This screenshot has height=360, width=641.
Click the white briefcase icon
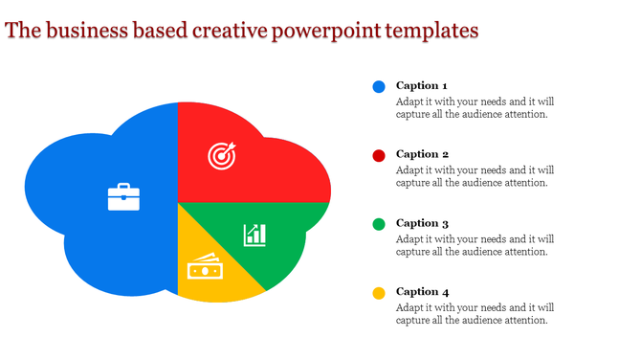(x=123, y=196)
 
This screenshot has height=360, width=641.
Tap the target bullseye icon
(x=222, y=156)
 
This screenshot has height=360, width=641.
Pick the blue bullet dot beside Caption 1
(x=379, y=86)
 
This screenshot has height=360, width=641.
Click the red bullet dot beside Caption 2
(x=379, y=155)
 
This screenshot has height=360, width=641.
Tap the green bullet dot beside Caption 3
(x=379, y=224)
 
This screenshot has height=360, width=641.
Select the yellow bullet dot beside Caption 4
(x=379, y=293)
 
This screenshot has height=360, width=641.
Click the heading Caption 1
(x=422, y=85)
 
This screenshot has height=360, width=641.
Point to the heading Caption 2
(x=422, y=154)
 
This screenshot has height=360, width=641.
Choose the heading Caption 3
(x=422, y=223)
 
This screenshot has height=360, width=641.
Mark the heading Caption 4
(x=422, y=292)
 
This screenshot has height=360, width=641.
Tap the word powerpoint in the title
(x=327, y=31)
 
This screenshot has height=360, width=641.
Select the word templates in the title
(x=432, y=31)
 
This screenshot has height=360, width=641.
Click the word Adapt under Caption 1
(x=410, y=101)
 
